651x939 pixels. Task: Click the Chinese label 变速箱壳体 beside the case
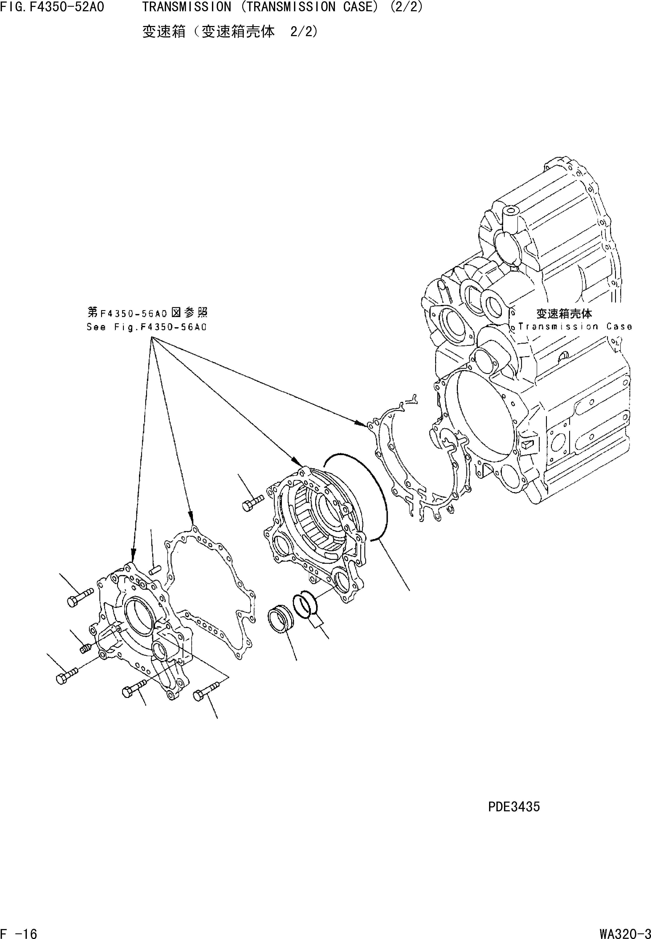point(564,314)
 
